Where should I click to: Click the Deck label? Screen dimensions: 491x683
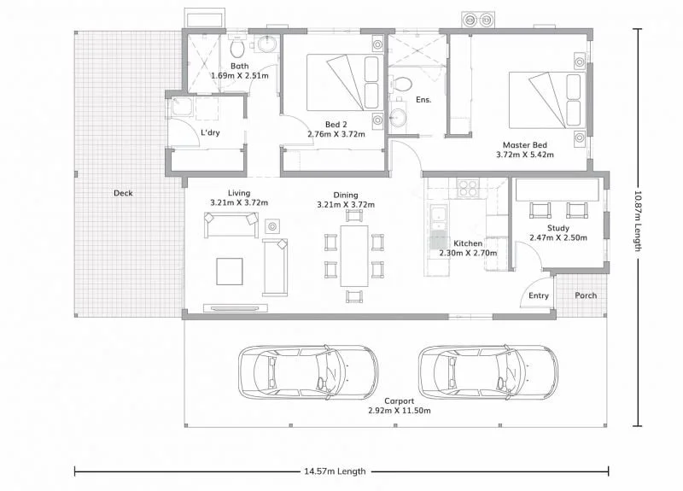123,193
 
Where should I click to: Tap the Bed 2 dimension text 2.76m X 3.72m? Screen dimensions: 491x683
336,134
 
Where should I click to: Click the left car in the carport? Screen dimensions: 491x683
308,372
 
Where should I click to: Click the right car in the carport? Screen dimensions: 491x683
487,372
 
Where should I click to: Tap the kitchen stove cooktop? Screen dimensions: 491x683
468,187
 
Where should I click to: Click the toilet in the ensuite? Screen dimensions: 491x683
401,85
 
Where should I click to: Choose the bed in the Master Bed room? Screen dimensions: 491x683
546,99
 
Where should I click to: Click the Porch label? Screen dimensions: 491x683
586,296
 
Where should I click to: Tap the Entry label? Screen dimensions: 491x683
539,296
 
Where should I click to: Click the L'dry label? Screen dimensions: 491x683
211,133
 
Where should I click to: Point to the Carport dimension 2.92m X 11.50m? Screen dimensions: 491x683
400,411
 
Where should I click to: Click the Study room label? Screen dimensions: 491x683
559,228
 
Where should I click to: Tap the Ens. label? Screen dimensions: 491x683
423,100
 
